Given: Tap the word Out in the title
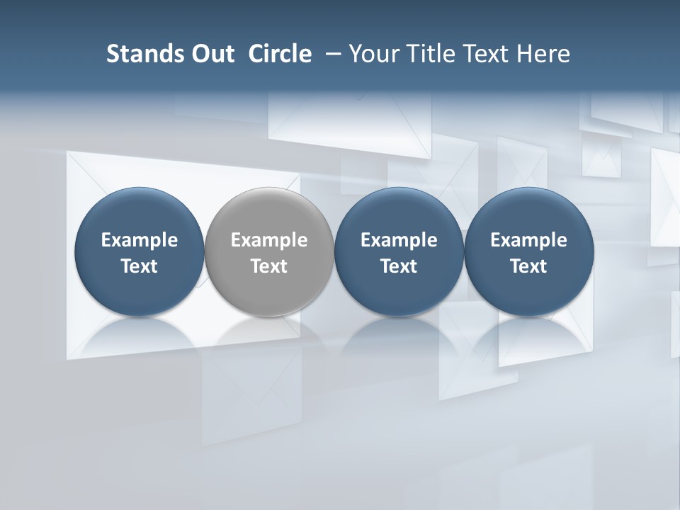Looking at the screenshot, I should [212, 54].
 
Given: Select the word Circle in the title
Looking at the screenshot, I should [280, 54].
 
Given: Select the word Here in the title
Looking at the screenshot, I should [544, 54].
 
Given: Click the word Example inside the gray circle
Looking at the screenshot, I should [269, 240].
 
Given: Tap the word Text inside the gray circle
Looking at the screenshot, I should [269, 266].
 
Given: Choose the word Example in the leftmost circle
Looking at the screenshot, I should [140, 240].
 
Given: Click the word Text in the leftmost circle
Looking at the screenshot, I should [140, 266].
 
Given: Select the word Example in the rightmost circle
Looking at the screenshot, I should [528, 240].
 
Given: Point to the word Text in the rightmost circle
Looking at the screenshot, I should [528, 266].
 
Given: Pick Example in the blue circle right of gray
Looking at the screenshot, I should [399, 240].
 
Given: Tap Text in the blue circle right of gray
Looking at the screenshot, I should [399, 266].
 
